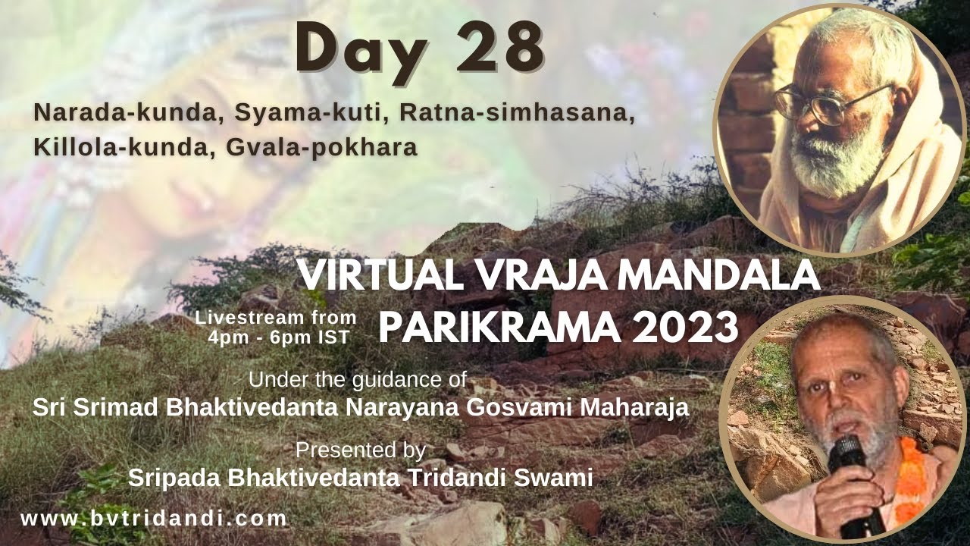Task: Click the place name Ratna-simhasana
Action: tap(516, 113)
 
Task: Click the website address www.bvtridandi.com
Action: tap(154, 519)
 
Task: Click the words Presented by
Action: tap(361, 450)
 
